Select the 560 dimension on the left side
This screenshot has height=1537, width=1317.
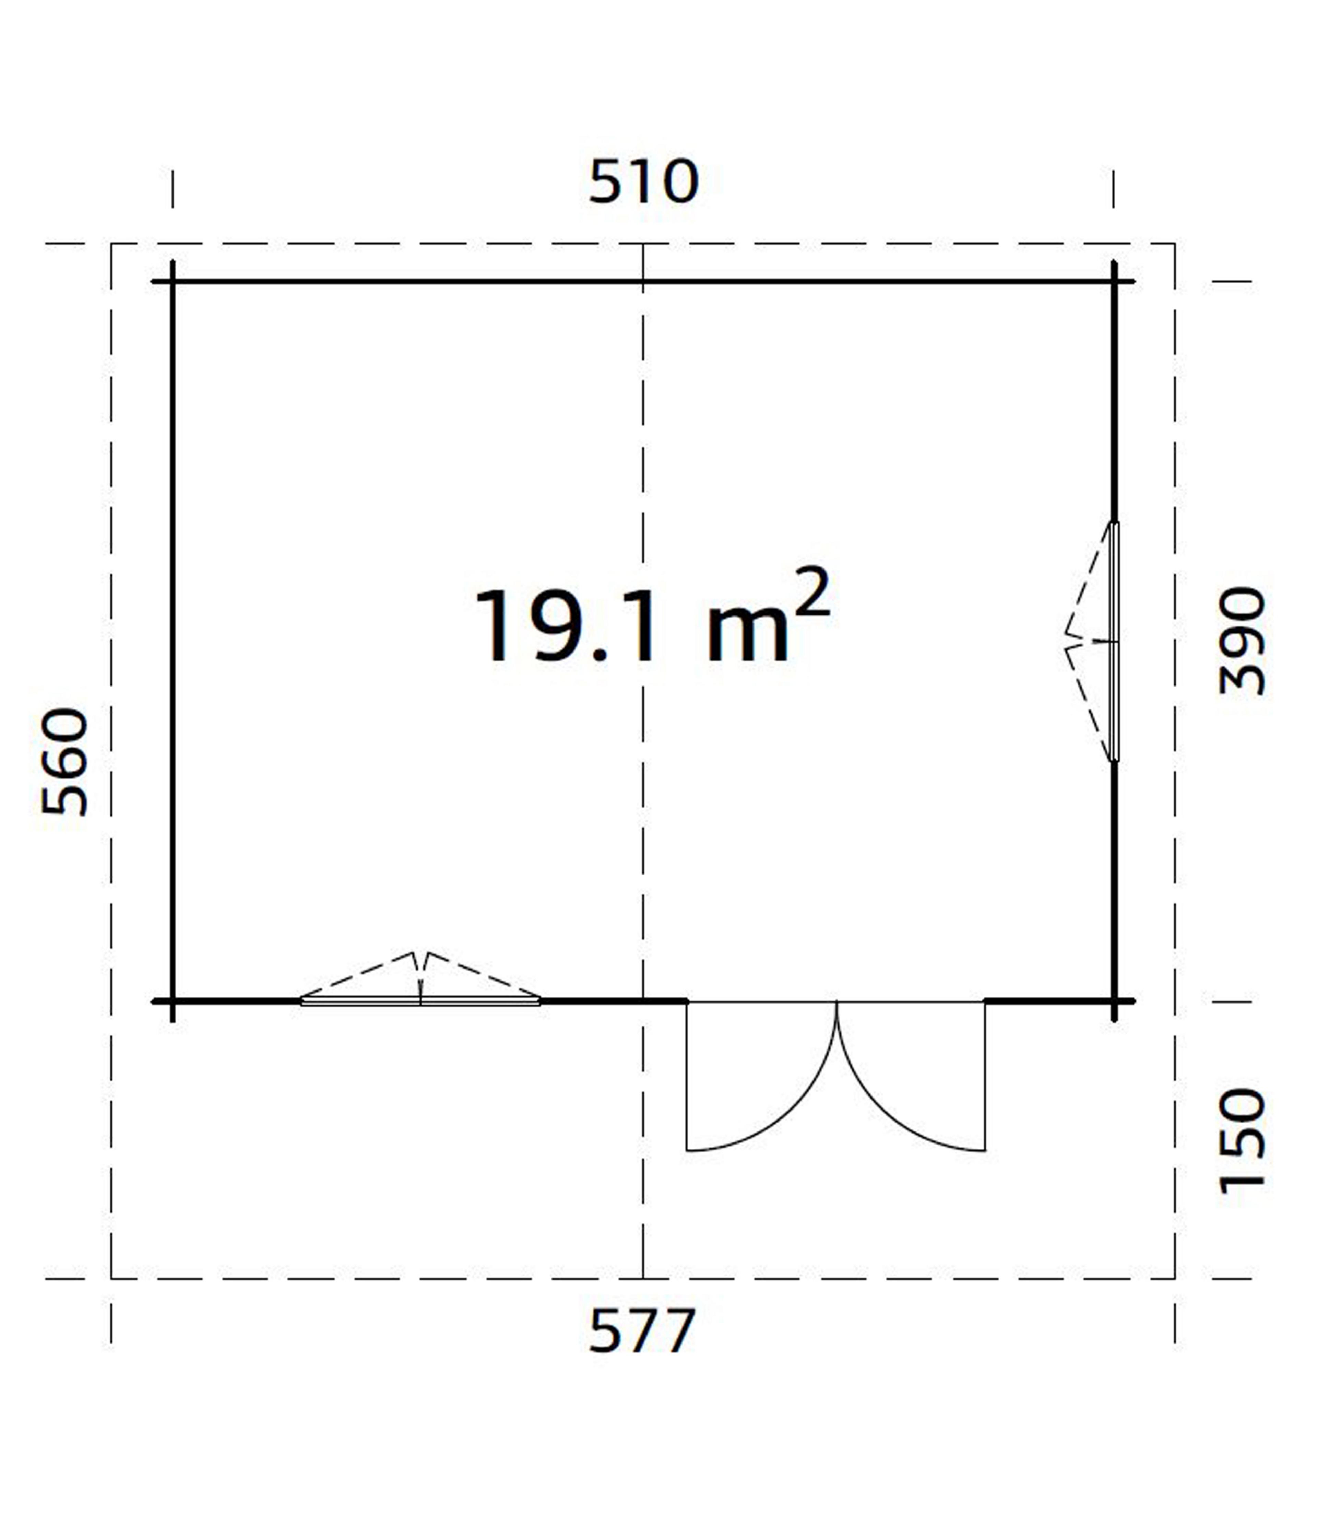click(65, 762)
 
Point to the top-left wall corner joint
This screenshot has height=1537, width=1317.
click(173, 282)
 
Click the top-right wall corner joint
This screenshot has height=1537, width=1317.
click(1114, 282)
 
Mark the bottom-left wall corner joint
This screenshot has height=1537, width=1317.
click(173, 1001)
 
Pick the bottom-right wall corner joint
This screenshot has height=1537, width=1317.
click(1114, 1001)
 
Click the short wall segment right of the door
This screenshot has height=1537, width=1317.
click(1049, 1001)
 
